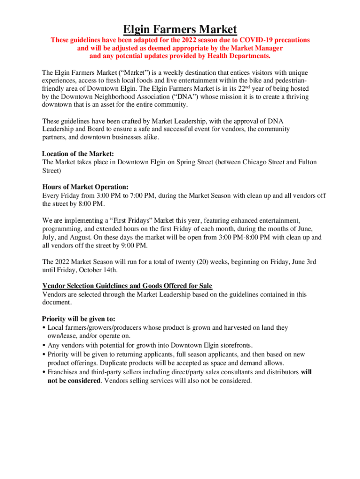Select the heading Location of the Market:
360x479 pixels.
[x=78, y=153]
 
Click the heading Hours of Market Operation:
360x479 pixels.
[x=85, y=187]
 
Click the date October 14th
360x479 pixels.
[x=99, y=270]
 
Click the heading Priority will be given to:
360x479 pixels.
[x=79, y=319]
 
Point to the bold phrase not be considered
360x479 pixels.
[x=74, y=381]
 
